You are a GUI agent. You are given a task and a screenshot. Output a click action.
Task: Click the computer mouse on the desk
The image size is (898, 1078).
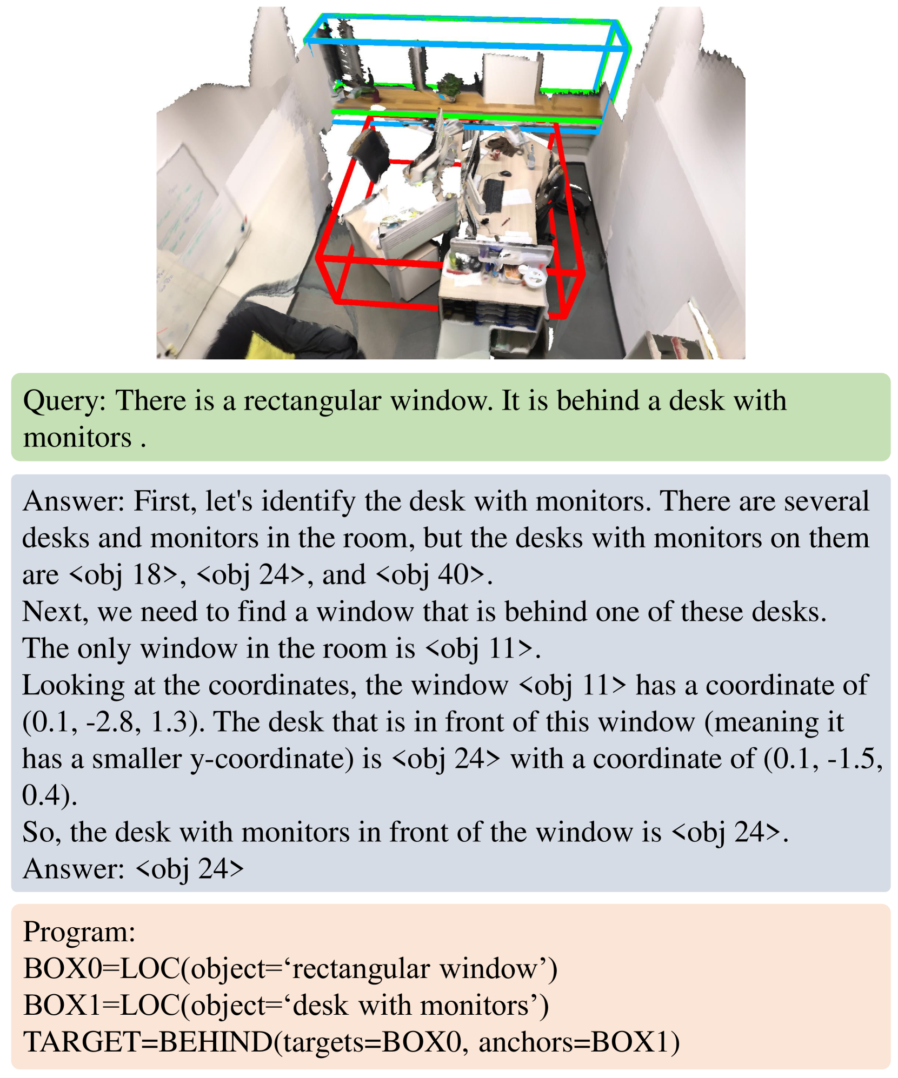coord(505,173)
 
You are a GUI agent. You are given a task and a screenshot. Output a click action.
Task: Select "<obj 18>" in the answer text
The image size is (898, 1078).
coord(124,574)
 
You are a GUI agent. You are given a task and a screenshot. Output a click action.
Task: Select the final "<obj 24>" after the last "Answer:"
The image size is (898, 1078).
coord(189,869)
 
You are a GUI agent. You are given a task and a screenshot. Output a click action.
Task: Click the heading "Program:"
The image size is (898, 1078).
coord(79,932)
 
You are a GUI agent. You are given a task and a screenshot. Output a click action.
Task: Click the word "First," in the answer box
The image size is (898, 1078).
coord(165,501)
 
